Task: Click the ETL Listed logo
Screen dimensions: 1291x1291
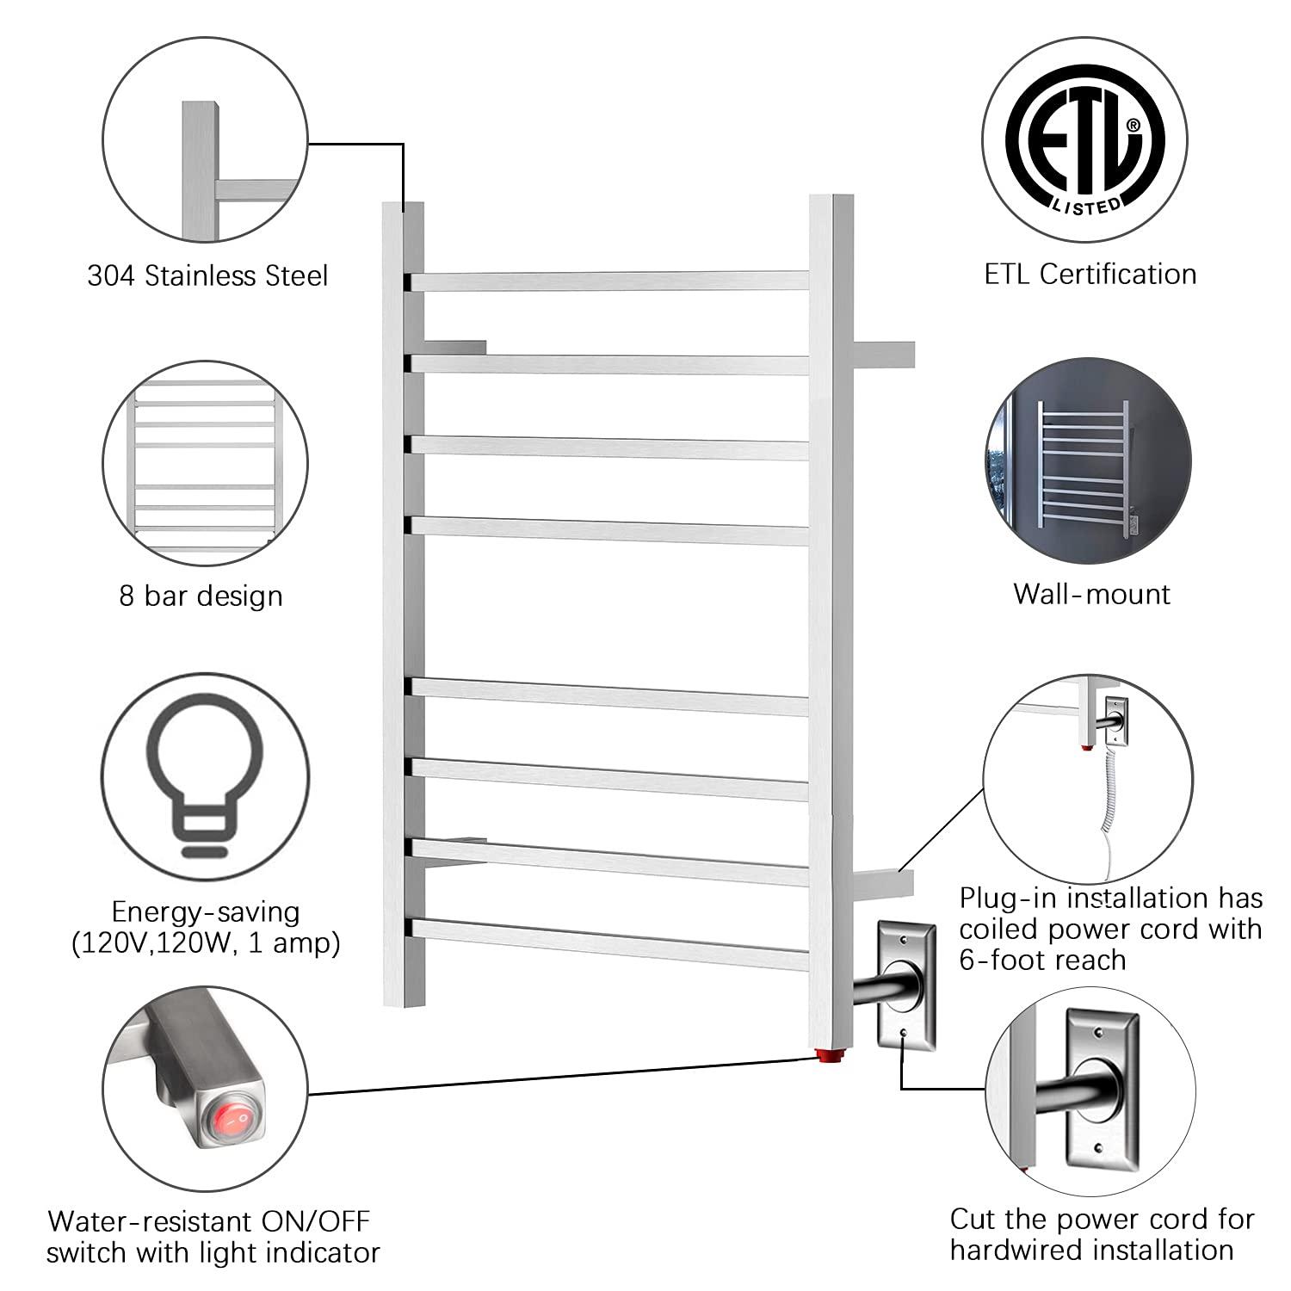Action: click(1086, 143)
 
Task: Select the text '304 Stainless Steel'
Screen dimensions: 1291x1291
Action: click(207, 276)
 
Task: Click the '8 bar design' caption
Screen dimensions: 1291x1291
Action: click(201, 596)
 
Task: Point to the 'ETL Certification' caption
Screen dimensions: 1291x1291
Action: click(1090, 274)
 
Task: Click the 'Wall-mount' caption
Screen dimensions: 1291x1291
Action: click(1091, 594)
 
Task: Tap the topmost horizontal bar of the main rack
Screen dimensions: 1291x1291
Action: click(609, 281)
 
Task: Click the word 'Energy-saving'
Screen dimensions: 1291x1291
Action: click(206, 911)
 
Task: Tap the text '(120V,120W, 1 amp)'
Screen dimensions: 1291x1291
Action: click(206, 943)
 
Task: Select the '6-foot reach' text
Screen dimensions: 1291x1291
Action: click(1042, 960)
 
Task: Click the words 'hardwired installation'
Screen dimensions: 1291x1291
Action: click(1091, 1250)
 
